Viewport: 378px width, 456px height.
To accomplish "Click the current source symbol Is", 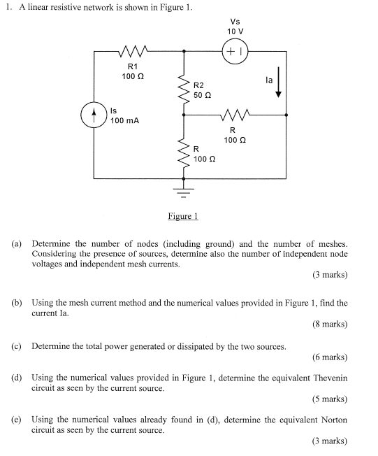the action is click(94, 115).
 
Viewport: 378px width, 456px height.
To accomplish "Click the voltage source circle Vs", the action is click(235, 51).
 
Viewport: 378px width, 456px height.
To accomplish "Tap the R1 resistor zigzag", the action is click(133, 51).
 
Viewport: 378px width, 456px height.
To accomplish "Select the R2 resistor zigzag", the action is click(183, 90).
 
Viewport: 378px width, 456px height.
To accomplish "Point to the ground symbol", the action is click(183, 192).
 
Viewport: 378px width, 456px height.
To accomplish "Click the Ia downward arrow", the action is click(278, 83).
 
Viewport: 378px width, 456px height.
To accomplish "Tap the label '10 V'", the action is click(235, 31).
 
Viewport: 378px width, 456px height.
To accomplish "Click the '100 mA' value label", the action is click(124, 120).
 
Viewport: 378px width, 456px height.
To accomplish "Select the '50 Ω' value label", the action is click(202, 95).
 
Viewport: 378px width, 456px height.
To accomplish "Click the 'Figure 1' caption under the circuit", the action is click(183, 216).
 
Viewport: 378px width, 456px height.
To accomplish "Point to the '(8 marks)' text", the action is click(330, 324).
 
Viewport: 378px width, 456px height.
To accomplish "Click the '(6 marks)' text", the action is click(330, 357).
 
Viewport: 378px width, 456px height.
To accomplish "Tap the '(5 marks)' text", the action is click(330, 399).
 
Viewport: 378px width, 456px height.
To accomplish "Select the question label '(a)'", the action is click(17, 243).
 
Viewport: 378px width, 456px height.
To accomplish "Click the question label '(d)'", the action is click(17, 378).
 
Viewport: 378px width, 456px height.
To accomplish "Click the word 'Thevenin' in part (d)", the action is click(330, 378).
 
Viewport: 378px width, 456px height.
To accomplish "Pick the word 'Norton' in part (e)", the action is click(334, 420).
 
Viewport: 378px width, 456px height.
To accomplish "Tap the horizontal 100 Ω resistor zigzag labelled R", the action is click(235, 115).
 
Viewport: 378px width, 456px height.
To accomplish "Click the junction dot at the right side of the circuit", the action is click(286, 115).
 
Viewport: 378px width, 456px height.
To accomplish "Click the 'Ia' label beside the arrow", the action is click(269, 80).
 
